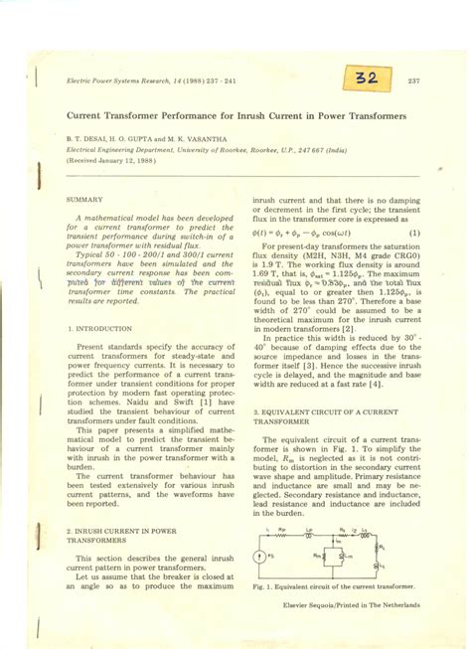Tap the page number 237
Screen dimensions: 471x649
point(414,81)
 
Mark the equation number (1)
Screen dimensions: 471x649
point(413,235)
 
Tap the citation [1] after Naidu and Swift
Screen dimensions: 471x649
point(221,401)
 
